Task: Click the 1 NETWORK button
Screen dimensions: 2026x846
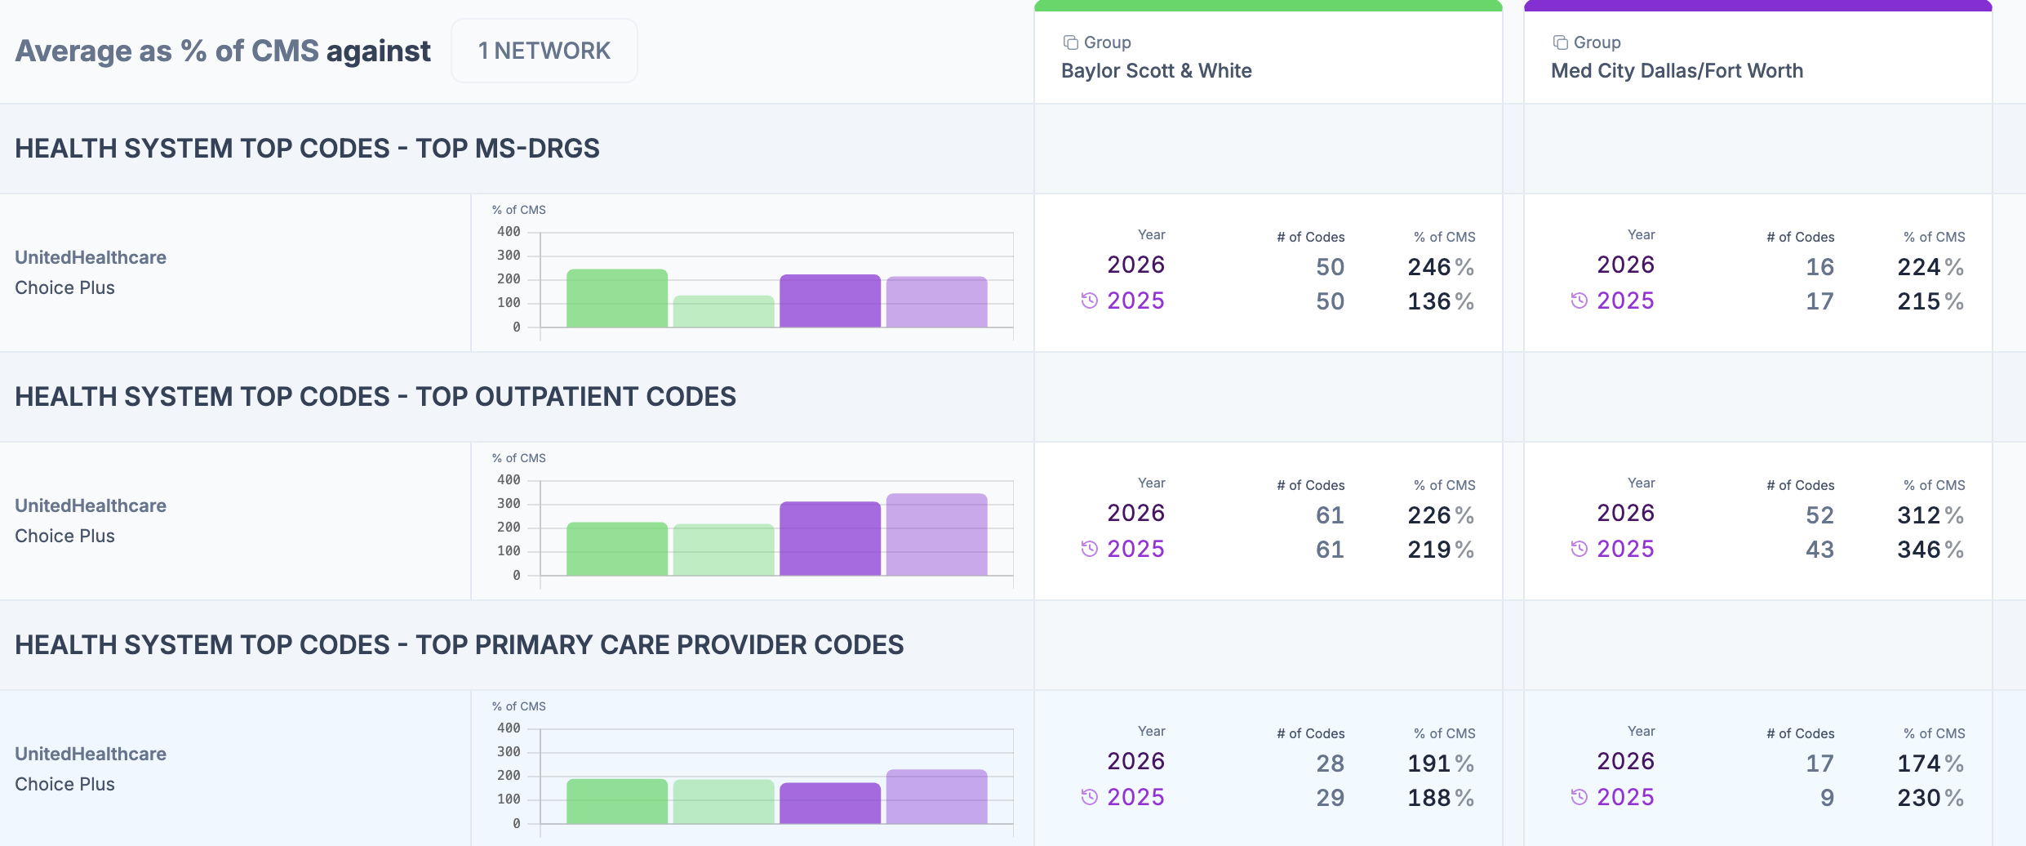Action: (544, 51)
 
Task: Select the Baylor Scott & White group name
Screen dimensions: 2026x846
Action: (1157, 71)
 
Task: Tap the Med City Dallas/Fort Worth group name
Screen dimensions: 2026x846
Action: (1677, 71)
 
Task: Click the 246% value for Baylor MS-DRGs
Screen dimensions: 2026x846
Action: (1441, 267)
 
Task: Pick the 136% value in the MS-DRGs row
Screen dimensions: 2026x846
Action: (1441, 301)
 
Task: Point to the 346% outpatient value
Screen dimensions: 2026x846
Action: (1930, 550)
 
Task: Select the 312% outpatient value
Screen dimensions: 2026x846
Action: (1930, 515)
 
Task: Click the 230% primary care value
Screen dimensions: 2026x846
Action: (1930, 798)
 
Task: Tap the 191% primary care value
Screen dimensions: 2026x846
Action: (1441, 764)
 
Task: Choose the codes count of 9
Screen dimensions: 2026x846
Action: (1827, 798)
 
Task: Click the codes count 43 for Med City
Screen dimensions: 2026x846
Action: (1819, 550)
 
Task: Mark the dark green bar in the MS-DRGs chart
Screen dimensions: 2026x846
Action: (617, 298)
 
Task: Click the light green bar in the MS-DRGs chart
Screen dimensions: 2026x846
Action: (724, 311)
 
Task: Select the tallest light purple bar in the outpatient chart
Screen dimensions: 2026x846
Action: (937, 534)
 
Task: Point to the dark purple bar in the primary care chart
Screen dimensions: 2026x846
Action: (830, 803)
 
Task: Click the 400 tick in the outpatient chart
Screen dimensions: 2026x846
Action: (509, 480)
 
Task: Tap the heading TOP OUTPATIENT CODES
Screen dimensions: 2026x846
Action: (575, 397)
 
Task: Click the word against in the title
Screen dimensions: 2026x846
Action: (378, 51)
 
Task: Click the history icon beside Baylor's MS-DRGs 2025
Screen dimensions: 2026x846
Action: (1090, 301)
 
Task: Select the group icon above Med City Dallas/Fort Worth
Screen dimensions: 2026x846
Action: (1560, 42)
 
